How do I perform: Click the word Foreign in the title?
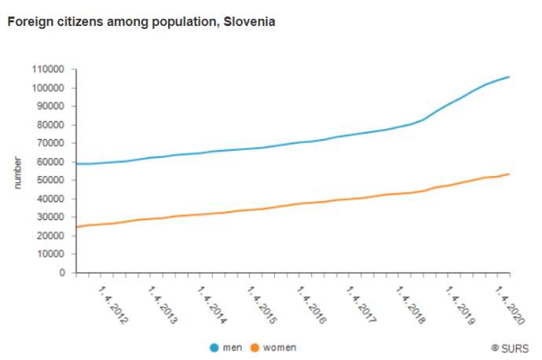(x=27, y=22)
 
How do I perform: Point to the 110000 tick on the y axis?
(x=49, y=69)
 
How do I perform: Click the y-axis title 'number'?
(x=18, y=171)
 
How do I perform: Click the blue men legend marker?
(x=214, y=347)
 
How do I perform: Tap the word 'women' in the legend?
(x=280, y=347)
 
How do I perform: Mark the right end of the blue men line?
(x=510, y=76)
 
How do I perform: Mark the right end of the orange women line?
(x=510, y=174)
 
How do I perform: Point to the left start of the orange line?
(x=75, y=227)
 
